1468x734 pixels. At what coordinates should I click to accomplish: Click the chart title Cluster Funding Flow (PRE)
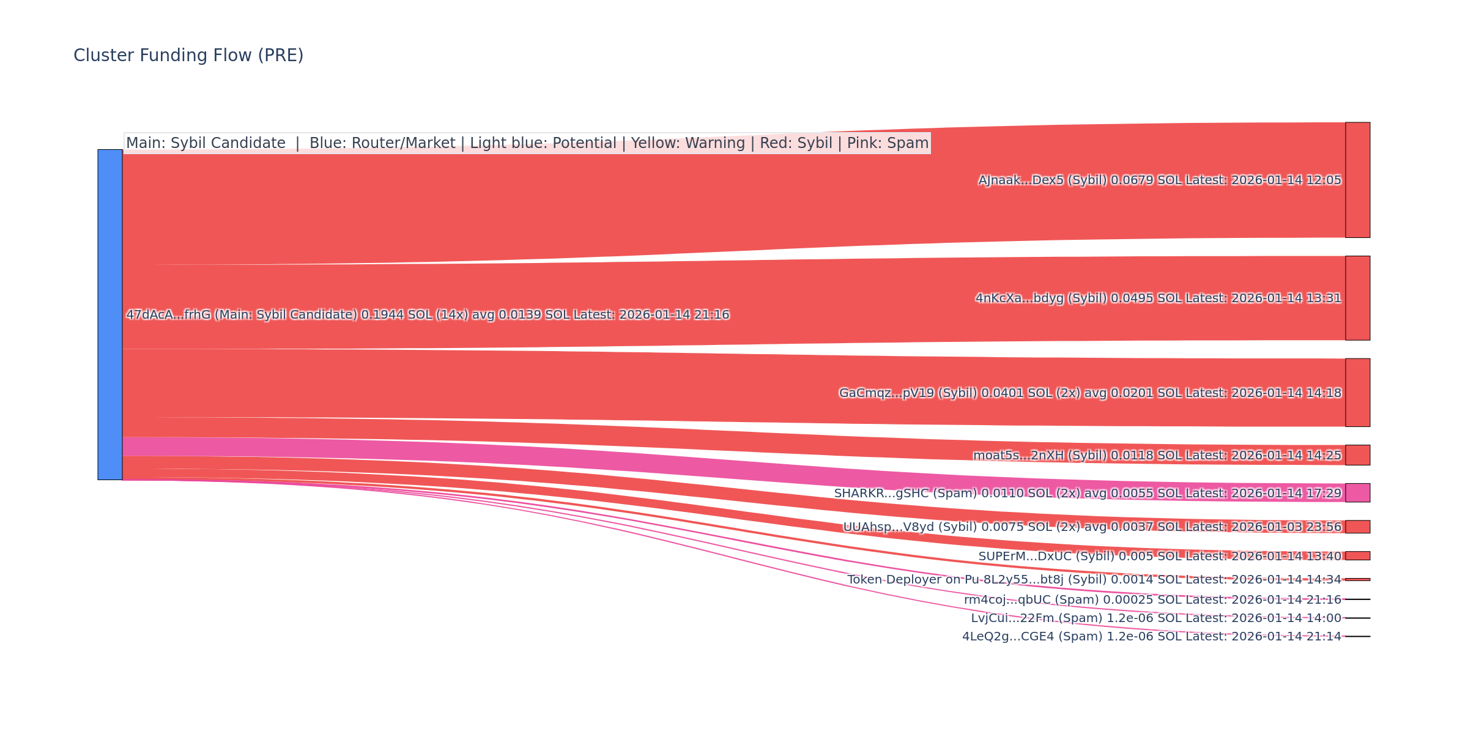pyautogui.click(x=188, y=56)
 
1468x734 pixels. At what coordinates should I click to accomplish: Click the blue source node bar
pyautogui.click(x=110, y=314)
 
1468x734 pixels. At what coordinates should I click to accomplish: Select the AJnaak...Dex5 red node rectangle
pyautogui.click(x=1357, y=180)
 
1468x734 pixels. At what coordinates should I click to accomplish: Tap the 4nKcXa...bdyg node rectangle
pyautogui.click(x=1357, y=298)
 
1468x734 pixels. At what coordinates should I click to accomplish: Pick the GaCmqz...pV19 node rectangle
pyautogui.click(x=1357, y=393)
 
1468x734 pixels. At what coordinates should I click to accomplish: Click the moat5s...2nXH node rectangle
pyautogui.click(x=1357, y=455)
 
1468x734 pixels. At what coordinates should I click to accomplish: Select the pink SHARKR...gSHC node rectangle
pyautogui.click(x=1357, y=493)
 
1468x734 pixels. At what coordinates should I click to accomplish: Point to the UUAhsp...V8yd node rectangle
pyautogui.click(x=1357, y=527)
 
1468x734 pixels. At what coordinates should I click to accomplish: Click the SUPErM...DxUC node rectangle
pyautogui.click(x=1357, y=556)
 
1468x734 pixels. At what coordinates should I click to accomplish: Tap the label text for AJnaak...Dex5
pyautogui.click(x=1159, y=180)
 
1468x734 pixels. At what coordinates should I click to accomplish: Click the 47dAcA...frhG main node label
pyautogui.click(x=428, y=315)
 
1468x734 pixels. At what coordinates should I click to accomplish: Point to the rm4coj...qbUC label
pyautogui.click(x=1152, y=600)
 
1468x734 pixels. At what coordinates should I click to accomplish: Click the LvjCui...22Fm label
pyautogui.click(x=1156, y=618)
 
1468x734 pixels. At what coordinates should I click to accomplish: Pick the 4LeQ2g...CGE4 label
pyautogui.click(x=1152, y=637)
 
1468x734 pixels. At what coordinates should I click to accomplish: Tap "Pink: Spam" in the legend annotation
pyautogui.click(x=888, y=143)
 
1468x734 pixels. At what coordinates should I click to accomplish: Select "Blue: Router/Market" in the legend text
pyautogui.click(x=382, y=143)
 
